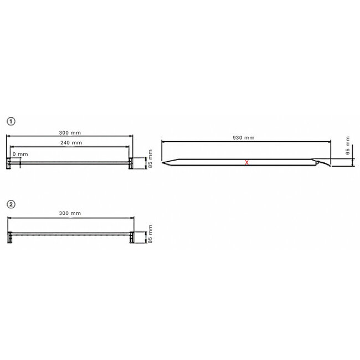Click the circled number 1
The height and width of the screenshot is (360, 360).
[10, 120]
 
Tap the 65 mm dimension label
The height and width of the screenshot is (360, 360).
[347, 146]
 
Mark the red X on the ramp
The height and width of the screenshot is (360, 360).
[247, 162]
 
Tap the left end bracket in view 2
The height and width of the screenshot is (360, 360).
[10, 236]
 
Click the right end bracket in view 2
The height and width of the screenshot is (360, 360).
[132, 236]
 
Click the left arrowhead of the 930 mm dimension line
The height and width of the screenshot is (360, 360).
[163, 142]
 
